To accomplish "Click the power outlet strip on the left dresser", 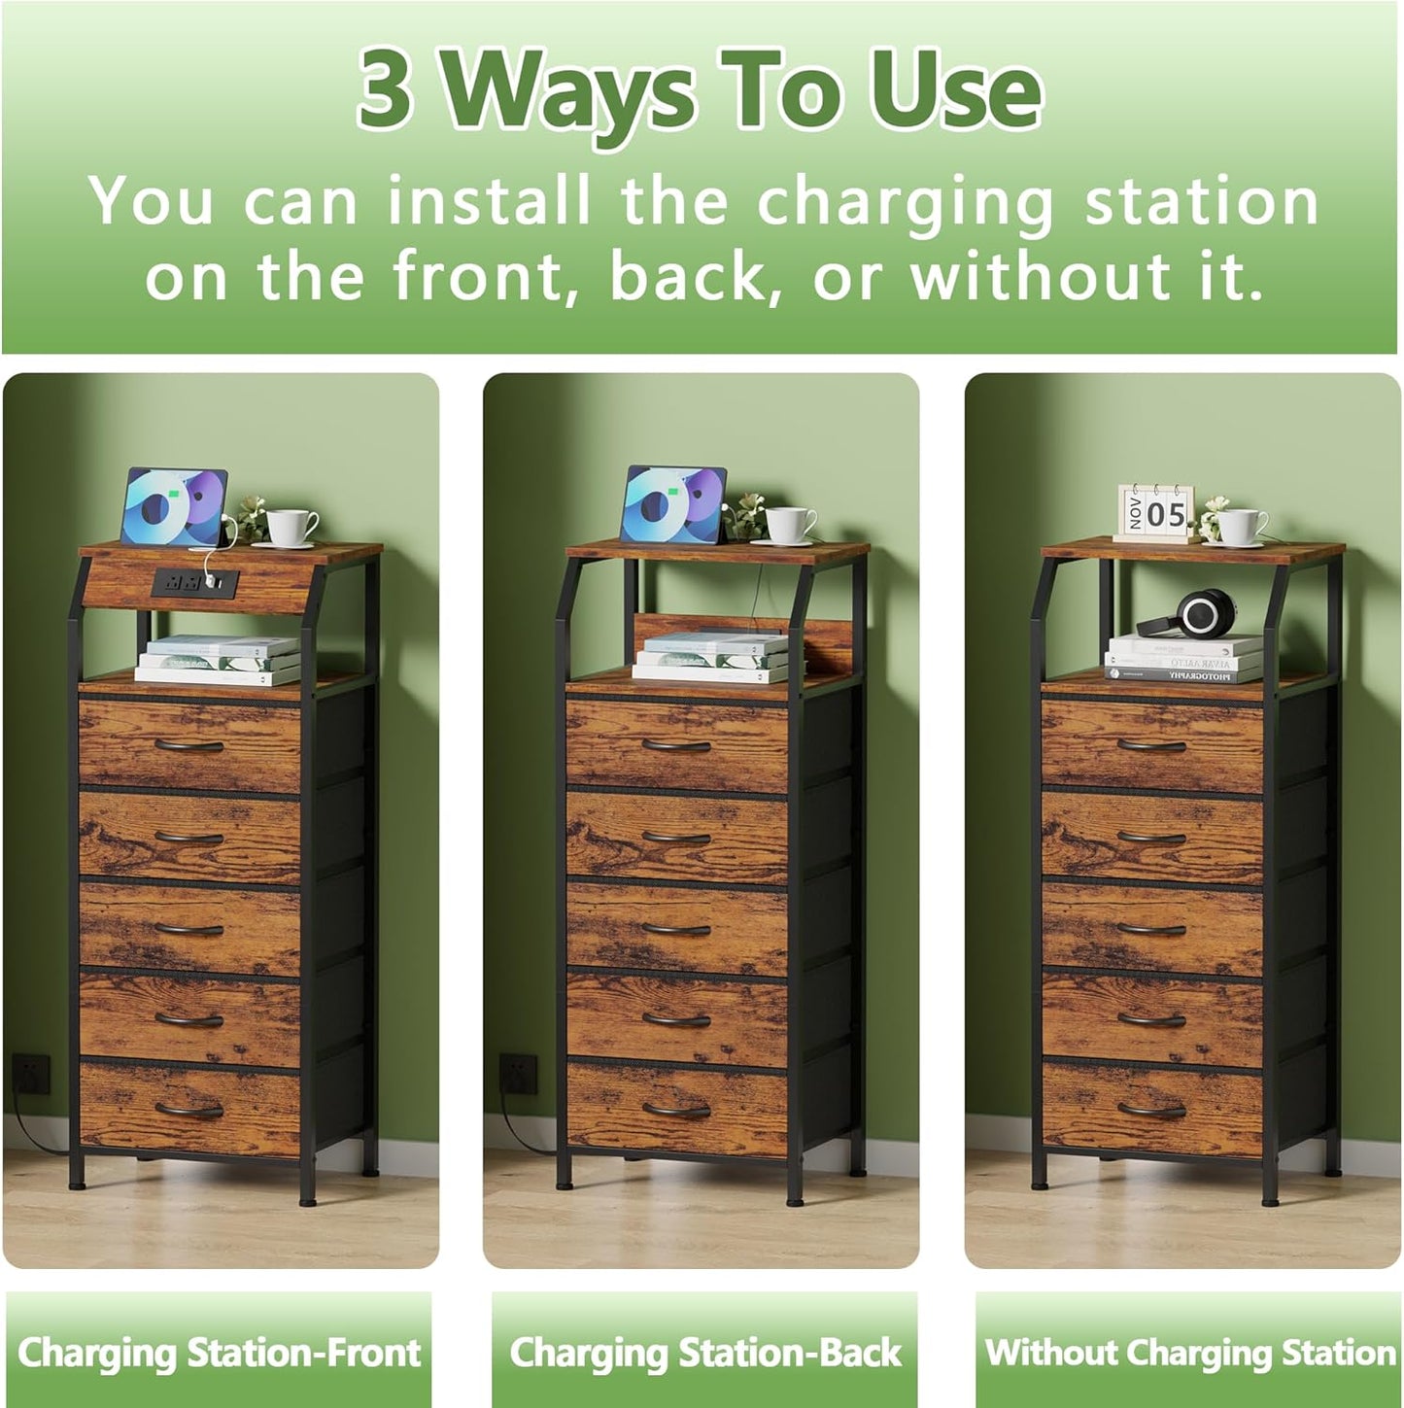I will [x=194, y=583].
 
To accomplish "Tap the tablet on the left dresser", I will [x=173, y=506].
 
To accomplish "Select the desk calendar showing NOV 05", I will [x=1153, y=512].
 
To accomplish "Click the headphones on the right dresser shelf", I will [x=1190, y=615].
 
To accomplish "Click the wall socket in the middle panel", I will [x=517, y=1073].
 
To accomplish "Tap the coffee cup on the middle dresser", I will [x=789, y=525].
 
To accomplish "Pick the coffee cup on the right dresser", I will [x=1241, y=526].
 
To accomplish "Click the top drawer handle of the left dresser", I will [x=189, y=746].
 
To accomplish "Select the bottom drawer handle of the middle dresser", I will [x=677, y=1110].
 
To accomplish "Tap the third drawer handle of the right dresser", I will [x=1151, y=929].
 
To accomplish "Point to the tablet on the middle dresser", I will [x=672, y=504].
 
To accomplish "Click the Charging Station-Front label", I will [x=219, y=1353].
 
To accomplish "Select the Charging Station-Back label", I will [x=705, y=1353].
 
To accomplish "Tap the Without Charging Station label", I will [x=1189, y=1353].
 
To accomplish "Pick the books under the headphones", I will [x=1183, y=660].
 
